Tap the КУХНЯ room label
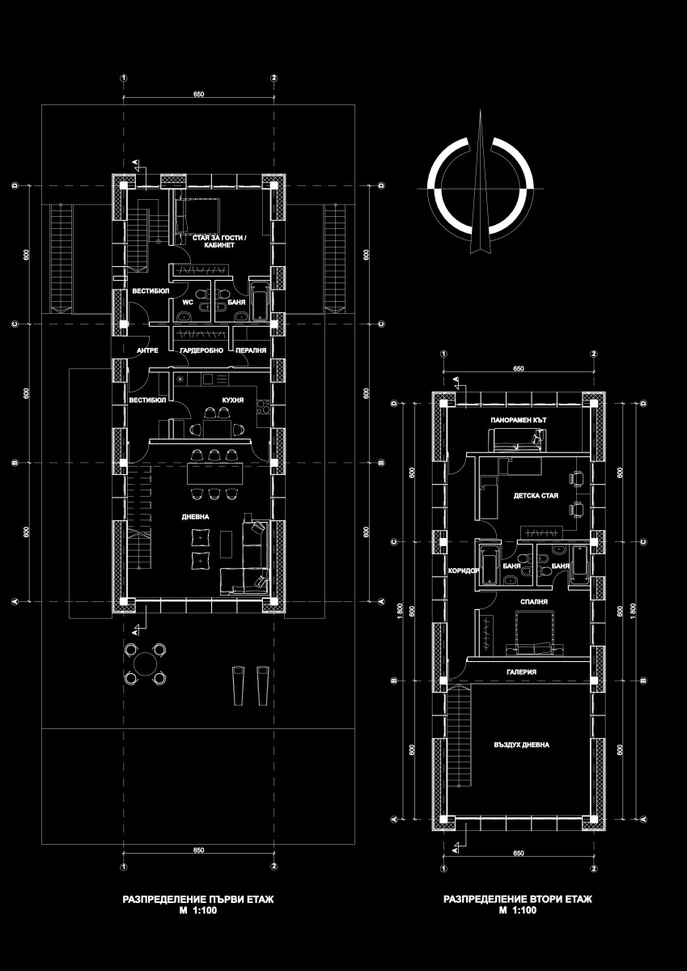click(x=233, y=400)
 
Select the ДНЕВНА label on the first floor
click(x=195, y=517)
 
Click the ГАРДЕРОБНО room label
click(x=201, y=350)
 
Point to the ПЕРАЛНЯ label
click(x=251, y=350)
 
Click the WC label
click(x=188, y=302)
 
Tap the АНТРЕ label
click(x=147, y=350)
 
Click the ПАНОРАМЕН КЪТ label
click(x=519, y=420)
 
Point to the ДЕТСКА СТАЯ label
click(x=536, y=495)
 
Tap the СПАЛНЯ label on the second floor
click(x=534, y=602)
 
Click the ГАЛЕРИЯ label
click(x=521, y=672)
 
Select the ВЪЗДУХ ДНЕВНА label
click(x=521, y=744)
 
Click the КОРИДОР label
click(x=464, y=571)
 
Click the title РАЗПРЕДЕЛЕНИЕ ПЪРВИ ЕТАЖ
click(x=198, y=900)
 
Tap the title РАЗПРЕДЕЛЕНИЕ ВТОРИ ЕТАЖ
click(x=518, y=899)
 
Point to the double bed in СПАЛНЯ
click(x=534, y=632)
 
